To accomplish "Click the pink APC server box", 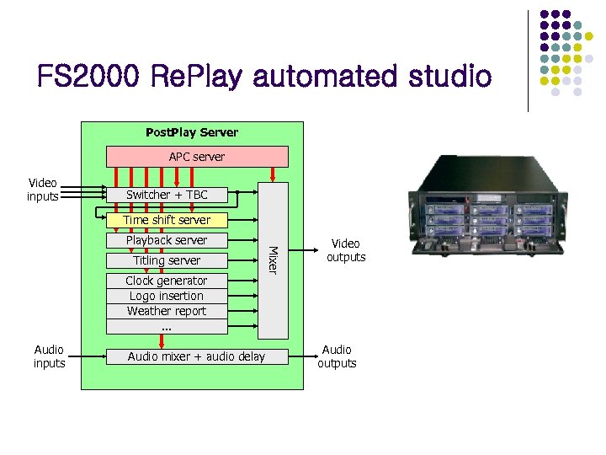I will (x=196, y=157).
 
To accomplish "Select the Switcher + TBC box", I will (x=167, y=195).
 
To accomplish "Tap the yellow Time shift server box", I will (x=167, y=220).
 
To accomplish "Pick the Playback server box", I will (x=167, y=240).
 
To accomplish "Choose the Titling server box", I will (x=167, y=260).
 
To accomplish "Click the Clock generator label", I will (x=167, y=281).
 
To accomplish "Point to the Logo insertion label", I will (x=167, y=296).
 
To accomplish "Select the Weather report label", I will (x=167, y=311).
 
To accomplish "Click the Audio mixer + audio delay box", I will (x=196, y=356).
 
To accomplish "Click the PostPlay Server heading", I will (x=192, y=132).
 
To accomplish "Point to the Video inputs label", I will (x=43, y=190).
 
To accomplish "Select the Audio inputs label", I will (x=49, y=356).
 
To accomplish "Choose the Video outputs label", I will (x=346, y=250).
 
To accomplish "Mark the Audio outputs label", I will (x=337, y=356).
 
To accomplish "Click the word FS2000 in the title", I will (x=88, y=78).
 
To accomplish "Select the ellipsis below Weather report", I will (x=166, y=326).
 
